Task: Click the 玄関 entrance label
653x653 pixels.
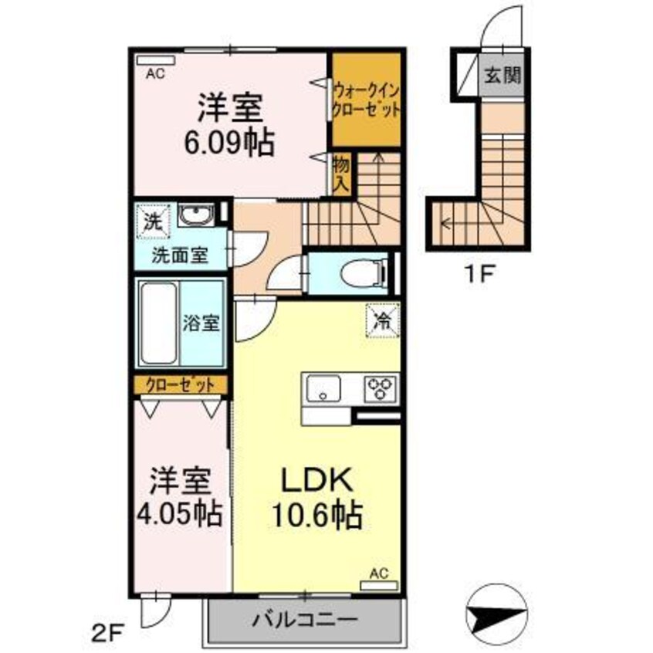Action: (x=502, y=76)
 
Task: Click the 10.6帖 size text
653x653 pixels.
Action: (x=318, y=516)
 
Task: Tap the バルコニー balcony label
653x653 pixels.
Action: (x=304, y=620)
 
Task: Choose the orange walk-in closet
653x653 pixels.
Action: (x=366, y=99)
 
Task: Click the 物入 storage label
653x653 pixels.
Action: (x=341, y=174)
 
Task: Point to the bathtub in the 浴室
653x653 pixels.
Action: (x=159, y=323)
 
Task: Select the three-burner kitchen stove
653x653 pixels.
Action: (x=381, y=387)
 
